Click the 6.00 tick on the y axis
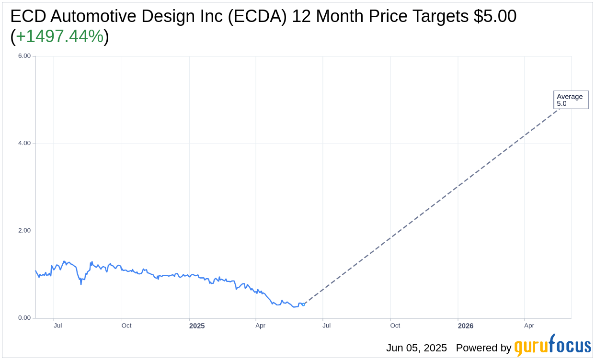tap(24, 56)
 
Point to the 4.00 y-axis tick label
tap(24, 143)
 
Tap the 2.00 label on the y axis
tap(24, 231)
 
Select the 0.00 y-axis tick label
tap(24, 318)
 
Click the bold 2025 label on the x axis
tap(197, 326)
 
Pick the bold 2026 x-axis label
tap(466, 326)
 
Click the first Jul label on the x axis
tap(58, 326)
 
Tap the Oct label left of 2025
tap(126, 326)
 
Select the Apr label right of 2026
tap(529, 326)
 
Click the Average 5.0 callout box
tap(571, 100)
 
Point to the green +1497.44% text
tap(60, 36)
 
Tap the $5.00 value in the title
tap(494, 16)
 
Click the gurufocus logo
tap(552, 346)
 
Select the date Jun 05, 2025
tap(416, 348)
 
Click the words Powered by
tap(483, 348)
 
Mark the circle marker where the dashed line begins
tap(303, 304)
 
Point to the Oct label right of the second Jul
tap(395, 326)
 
